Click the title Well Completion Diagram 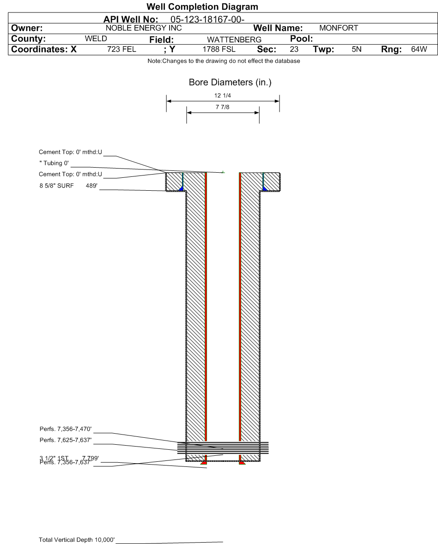[202, 7]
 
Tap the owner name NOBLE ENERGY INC [144, 28]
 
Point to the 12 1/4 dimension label [223, 96]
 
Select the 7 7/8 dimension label [223, 107]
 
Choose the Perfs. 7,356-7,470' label [67, 429]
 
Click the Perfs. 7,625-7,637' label [67, 439]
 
